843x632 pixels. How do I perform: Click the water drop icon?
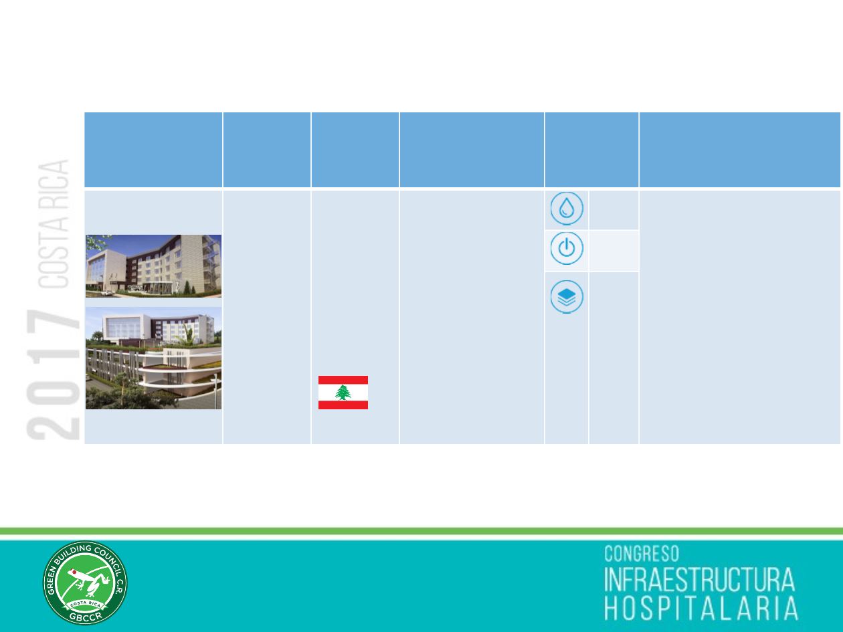567,209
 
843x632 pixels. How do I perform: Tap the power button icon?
567,248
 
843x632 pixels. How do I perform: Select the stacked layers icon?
567,297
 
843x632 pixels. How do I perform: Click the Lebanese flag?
343,393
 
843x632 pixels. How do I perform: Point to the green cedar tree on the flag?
343,393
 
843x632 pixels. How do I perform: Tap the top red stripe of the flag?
343,380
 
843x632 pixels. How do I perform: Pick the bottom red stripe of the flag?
343,405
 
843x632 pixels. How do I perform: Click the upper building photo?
153,266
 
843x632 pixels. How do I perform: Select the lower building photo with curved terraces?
153,358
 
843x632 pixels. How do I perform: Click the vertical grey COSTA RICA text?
54,224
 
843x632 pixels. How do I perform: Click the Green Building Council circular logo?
85,583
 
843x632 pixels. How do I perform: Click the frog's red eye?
74,572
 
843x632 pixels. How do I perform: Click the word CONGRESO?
642,554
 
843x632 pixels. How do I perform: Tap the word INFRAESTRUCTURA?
699,580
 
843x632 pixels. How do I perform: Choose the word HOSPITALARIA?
701,608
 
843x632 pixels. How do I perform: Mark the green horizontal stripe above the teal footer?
421,531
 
